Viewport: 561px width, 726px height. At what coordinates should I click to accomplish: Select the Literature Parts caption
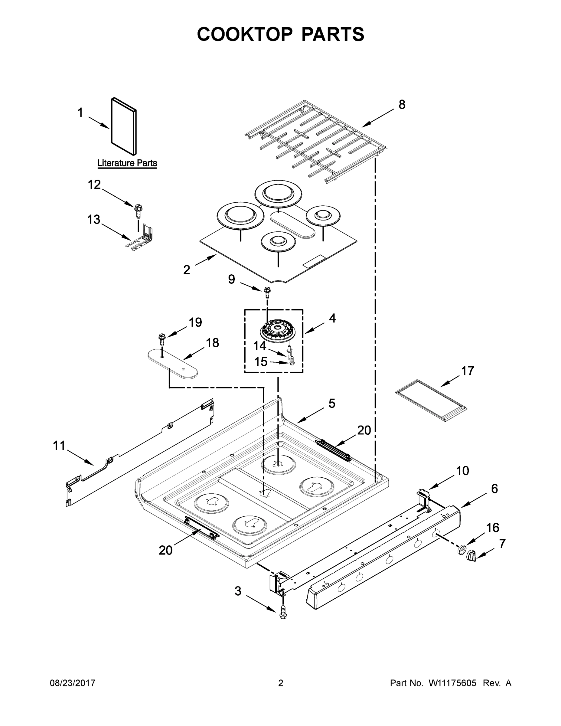tap(127, 163)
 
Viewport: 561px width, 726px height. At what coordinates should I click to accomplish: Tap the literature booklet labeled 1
tap(124, 126)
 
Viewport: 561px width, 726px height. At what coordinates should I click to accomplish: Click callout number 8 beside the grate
tap(402, 105)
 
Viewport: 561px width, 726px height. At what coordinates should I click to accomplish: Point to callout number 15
tap(261, 362)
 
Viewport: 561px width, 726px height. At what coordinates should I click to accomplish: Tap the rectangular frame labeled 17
tap(431, 400)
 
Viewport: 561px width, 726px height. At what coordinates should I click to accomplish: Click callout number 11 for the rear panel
tap(59, 446)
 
